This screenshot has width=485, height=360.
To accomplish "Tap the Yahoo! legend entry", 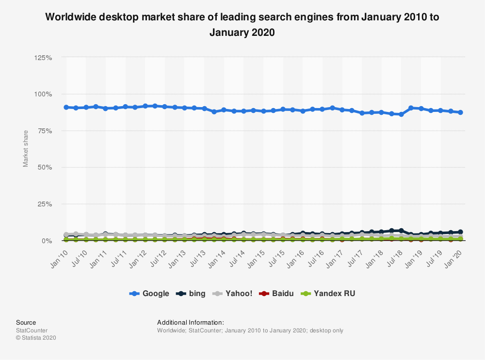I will tap(233, 293).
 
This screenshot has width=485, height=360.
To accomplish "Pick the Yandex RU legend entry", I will tap(329, 293).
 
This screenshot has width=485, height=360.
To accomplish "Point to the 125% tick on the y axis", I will tap(43, 58).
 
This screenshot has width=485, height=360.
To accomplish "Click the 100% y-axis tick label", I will tap(43, 94).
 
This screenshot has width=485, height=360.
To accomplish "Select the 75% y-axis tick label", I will tap(45, 131).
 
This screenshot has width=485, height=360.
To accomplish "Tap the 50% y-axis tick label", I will tap(45, 168).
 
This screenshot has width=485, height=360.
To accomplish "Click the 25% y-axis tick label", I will tap(45, 204).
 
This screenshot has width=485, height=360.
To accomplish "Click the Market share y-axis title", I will tap(26, 148).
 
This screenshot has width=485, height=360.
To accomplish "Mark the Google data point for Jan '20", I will tap(460, 112).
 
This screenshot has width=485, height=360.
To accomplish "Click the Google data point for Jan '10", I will tap(66, 107).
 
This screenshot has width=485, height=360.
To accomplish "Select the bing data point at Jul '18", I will tap(401, 231).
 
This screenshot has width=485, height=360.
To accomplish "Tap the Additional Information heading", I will tap(190, 322).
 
